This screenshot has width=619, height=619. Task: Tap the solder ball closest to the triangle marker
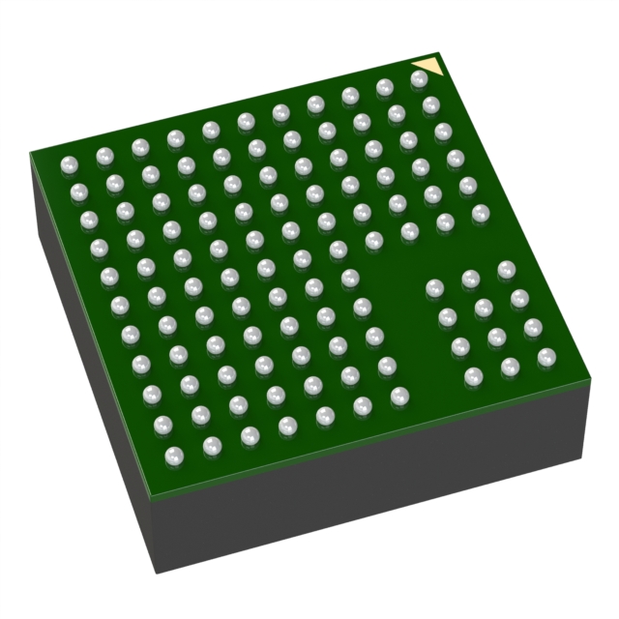[419, 80]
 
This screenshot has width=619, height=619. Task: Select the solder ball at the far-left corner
[68, 165]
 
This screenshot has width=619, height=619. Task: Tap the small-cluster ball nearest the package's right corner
[546, 357]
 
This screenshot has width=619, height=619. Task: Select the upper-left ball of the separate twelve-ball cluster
[435, 288]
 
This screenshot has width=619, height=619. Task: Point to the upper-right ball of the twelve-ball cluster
[506, 270]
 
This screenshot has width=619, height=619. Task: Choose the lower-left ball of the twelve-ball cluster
[474, 376]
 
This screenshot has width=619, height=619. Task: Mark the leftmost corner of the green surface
[30, 152]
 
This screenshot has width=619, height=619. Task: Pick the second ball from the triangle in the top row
[384, 88]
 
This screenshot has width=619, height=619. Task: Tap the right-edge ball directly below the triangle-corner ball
[431, 105]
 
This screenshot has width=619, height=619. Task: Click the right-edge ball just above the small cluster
[481, 214]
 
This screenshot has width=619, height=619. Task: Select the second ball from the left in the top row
[104, 156]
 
